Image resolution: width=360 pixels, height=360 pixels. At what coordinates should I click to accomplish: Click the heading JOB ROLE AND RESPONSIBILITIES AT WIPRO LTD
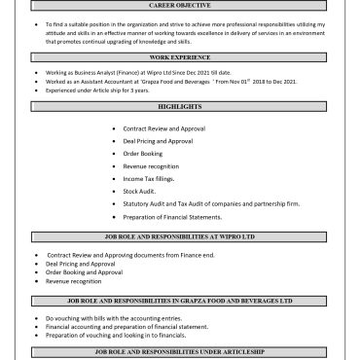[x=180, y=236]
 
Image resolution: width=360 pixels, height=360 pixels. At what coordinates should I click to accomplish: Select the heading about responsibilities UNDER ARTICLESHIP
[x=180, y=349]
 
